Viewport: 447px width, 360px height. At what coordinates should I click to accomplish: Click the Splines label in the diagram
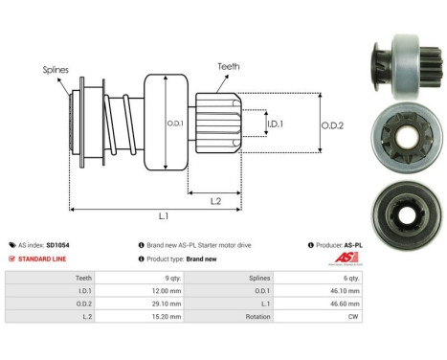coord(55,70)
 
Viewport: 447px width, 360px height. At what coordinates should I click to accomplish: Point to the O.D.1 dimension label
coord(174,123)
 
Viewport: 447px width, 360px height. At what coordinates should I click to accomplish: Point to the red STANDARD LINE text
coord(42,259)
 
